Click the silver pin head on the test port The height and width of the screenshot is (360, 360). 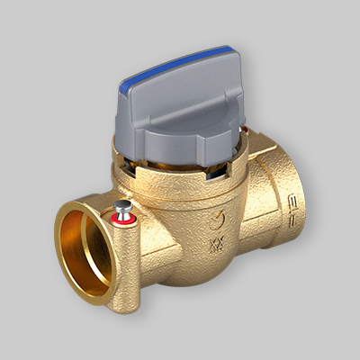click(x=123, y=208)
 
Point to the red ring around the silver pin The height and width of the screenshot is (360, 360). click(x=122, y=216)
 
